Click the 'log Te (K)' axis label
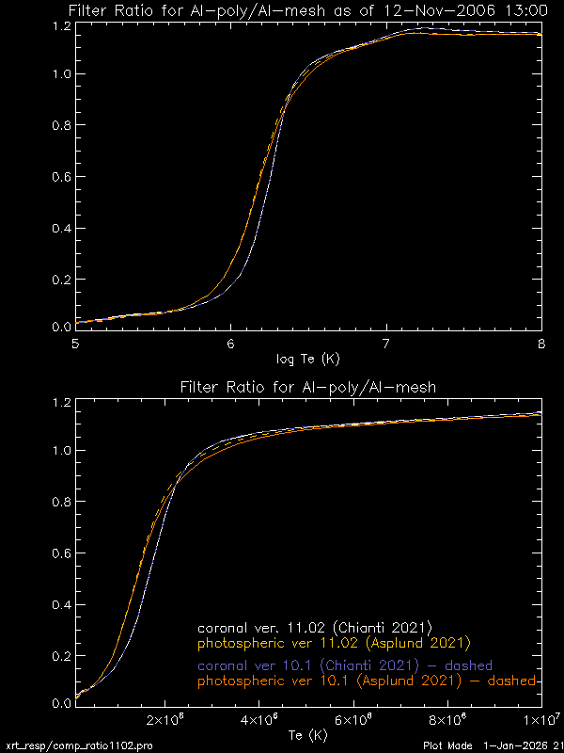(x=308, y=359)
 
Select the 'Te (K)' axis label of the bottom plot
(x=308, y=735)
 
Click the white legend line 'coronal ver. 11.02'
(x=314, y=628)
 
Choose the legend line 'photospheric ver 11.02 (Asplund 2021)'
(x=333, y=645)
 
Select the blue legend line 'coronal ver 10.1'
(x=345, y=665)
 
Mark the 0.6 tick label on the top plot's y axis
(x=59, y=175)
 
